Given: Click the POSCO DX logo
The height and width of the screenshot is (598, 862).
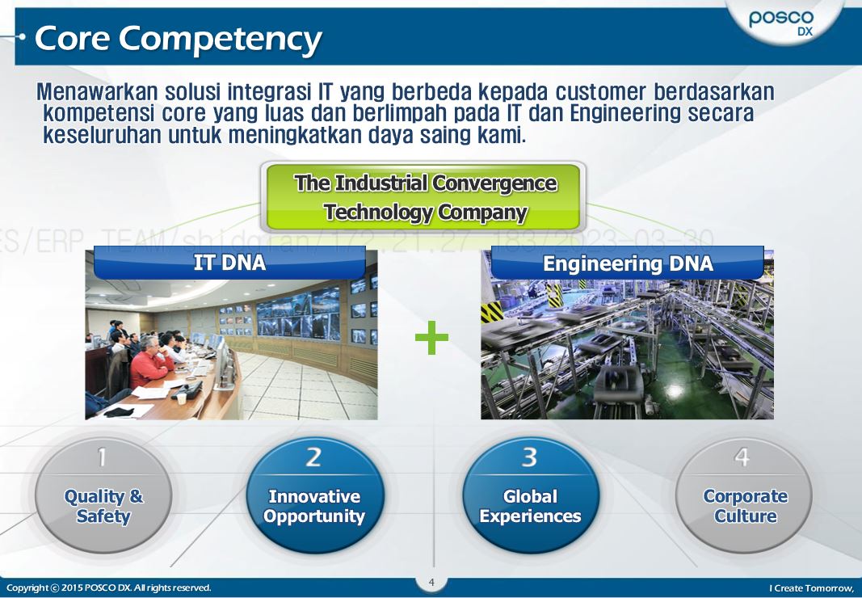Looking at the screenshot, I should (x=781, y=22).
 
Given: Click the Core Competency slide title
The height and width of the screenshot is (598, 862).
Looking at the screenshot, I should (x=179, y=38).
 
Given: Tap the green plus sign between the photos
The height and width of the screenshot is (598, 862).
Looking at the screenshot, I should (x=431, y=339).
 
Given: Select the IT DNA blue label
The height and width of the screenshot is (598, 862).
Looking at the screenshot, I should (x=229, y=263).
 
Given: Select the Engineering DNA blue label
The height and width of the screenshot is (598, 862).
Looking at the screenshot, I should (x=628, y=263).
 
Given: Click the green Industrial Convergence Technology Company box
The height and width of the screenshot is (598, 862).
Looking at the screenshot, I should (x=425, y=197).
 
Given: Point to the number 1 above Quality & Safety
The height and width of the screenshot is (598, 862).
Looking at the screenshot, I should (x=102, y=457).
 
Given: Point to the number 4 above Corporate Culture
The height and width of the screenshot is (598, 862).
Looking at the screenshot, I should (x=742, y=457).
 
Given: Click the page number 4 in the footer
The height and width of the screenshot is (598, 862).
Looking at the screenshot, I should (x=431, y=583).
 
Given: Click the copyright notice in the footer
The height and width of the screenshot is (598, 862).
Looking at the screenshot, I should (x=108, y=587).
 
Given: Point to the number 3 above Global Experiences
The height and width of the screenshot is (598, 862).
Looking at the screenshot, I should (x=529, y=457).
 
